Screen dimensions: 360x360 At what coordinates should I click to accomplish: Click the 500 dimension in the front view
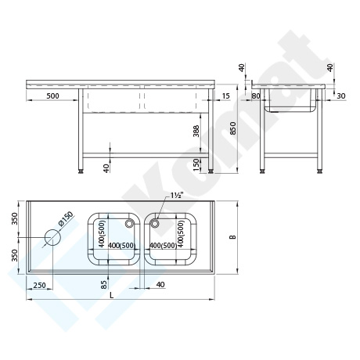click(x=52, y=95)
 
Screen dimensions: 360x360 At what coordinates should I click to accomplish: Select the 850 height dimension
click(x=233, y=128)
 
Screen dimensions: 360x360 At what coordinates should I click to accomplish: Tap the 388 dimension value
click(x=196, y=131)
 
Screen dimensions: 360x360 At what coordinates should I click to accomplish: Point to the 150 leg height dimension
click(x=196, y=164)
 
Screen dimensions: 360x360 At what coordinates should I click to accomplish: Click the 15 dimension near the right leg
click(x=225, y=95)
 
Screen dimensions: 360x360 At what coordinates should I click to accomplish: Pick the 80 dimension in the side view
click(x=256, y=96)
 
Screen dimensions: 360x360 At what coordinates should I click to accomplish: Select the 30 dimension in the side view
click(x=341, y=96)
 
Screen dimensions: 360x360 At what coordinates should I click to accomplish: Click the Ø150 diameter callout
click(x=66, y=218)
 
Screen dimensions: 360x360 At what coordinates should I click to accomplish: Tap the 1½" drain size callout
click(x=177, y=196)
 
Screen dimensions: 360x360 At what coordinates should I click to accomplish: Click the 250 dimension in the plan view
click(x=40, y=285)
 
